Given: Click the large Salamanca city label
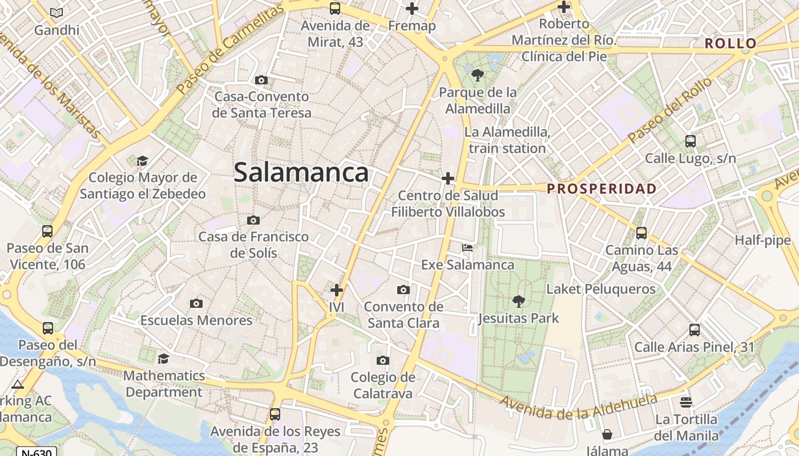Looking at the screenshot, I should tap(301, 172).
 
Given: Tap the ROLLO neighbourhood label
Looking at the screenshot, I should tap(730, 43).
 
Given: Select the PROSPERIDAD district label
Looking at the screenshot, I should tap(602, 189).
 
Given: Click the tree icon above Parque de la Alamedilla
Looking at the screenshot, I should tap(477, 75).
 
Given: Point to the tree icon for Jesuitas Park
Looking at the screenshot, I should tap(518, 301).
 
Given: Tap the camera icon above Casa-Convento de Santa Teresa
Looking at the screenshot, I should tap(261, 80).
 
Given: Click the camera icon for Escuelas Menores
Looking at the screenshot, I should tap(196, 303).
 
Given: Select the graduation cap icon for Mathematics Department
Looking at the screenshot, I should tap(163, 359).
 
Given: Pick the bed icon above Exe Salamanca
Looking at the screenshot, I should tap(467, 248).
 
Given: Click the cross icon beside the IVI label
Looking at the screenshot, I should tap(337, 290).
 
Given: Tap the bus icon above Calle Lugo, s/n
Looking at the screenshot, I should tap(690, 141).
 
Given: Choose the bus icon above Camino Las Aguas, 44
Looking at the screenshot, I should tap(641, 233).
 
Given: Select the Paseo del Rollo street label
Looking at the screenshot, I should tap(669, 111).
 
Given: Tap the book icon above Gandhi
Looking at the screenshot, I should tap(57, 13).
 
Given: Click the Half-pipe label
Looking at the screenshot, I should tap(762, 240).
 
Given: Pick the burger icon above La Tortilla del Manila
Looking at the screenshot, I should tap(686, 403).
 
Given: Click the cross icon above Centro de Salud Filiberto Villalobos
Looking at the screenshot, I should tap(448, 179).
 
